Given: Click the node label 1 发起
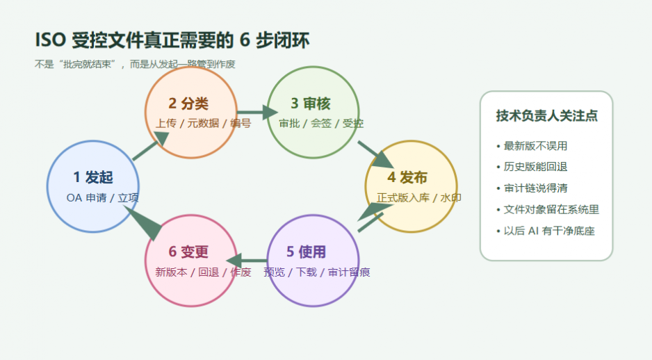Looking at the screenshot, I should click(x=93, y=177).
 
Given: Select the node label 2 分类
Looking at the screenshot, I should click(x=188, y=104).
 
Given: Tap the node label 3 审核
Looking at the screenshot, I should click(x=311, y=104).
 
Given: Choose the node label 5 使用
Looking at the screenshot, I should click(x=307, y=252).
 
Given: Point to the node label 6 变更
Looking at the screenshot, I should click(x=188, y=252).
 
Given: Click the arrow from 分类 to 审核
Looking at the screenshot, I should click(x=256, y=111).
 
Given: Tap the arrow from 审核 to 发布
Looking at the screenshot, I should click(x=375, y=154).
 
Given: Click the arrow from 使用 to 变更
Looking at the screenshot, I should click(x=248, y=261).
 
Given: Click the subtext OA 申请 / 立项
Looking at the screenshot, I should click(x=103, y=197).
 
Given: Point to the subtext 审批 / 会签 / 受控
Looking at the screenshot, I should click(x=321, y=124).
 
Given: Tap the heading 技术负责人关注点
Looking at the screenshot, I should click(x=546, y=116).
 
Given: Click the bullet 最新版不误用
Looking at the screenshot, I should click(x=535, y=146).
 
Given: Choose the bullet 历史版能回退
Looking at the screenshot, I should click(x=535, y=167).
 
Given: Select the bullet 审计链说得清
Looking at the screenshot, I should click(x=535, y=188).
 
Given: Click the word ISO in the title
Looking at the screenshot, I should click(x=49, y=41).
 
